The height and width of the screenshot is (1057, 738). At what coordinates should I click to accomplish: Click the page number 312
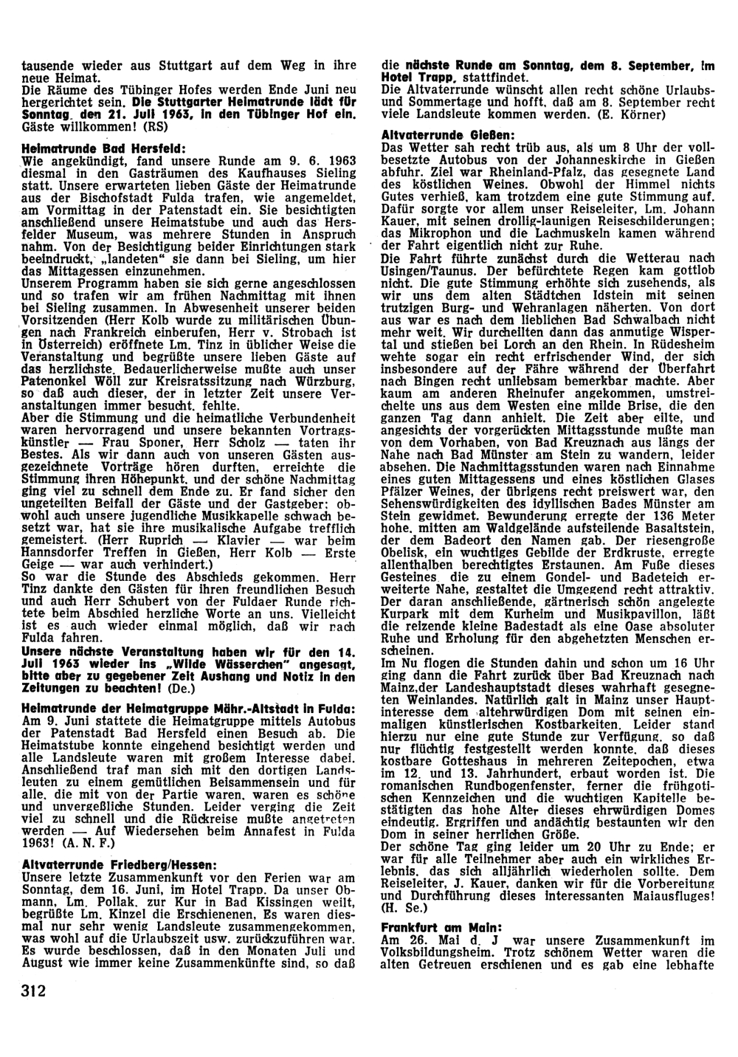[x=34, y=990]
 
